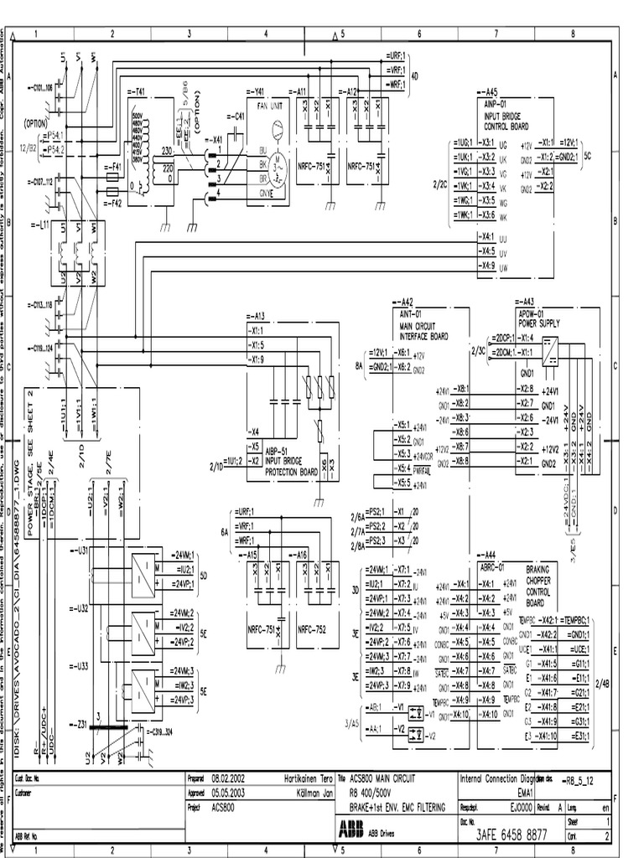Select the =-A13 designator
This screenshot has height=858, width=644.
(x=256, y=317)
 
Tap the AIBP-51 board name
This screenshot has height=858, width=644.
(x=277, y=451)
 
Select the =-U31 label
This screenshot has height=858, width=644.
(x=79, y=550)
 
